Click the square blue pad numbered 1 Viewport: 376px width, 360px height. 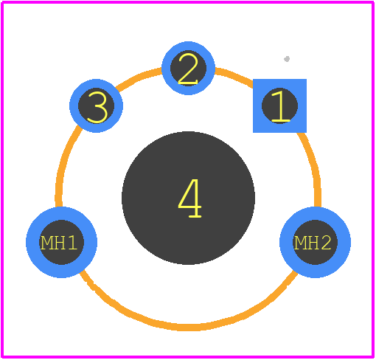click(279, 105)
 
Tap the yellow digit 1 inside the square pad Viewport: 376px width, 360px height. click(280, 106)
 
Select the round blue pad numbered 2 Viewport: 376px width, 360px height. click(188, 68)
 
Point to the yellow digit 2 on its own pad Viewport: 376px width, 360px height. click(188, 69)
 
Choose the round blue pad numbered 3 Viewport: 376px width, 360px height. click(97, 105)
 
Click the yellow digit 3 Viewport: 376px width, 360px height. click(97, 107)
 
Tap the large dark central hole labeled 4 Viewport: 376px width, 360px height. click(188, 198)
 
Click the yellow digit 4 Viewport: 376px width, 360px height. click(189, 198)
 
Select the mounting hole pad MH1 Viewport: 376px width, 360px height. click(61, 242)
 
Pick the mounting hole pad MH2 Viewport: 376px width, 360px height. click(315, 242)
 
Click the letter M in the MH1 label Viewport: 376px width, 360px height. click(46, 243)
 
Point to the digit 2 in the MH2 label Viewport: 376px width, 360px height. click(325, 243)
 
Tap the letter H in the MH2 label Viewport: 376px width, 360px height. click(313, 243)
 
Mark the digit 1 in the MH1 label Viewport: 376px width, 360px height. click(72, 243)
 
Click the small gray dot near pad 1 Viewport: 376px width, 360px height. click(287, 59)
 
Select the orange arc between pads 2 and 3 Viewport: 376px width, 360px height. click(138, 78)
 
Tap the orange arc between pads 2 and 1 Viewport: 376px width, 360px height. click(234, 76)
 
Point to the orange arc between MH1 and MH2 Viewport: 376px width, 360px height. click(188, 328)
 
